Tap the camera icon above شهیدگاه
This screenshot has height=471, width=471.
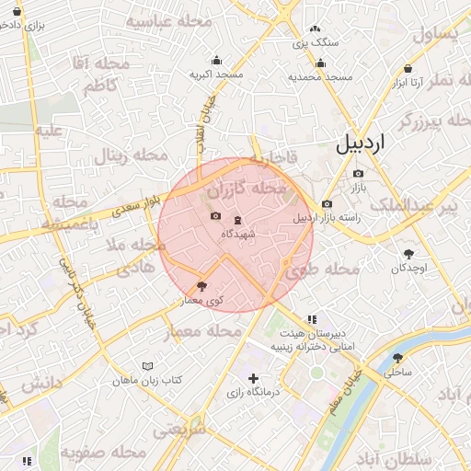[x=215, y=216]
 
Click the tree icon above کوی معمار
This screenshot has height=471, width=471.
[x=202, y=286]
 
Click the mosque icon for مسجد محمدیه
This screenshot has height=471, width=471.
[x=319, y=63]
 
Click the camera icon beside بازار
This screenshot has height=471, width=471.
[x=358, y=173]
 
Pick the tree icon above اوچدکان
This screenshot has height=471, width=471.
[x=408, y=253]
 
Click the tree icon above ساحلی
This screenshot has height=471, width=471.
[x=397, y=358]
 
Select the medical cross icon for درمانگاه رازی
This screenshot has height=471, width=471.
[x=253, y=378]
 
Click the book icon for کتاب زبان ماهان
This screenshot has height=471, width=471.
[x=147, y=366]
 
